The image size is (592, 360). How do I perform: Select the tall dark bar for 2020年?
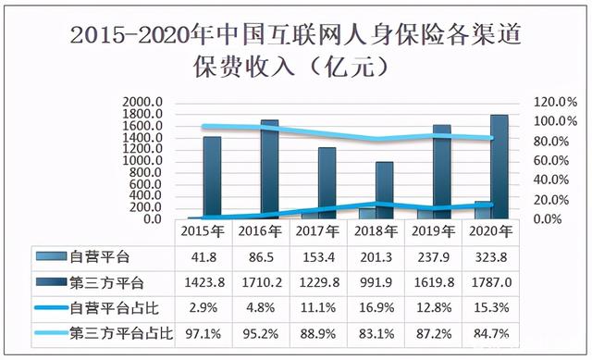pyautogui.click(x=499, y=167)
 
